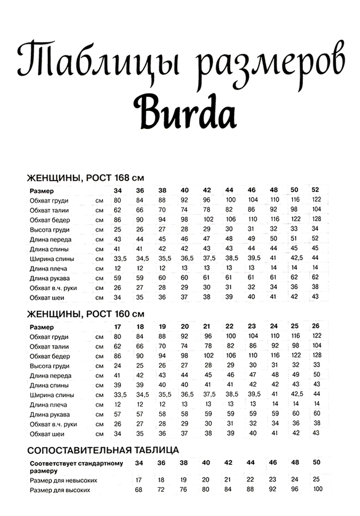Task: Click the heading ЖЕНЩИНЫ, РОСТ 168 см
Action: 86,178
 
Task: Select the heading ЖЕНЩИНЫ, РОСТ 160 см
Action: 86,314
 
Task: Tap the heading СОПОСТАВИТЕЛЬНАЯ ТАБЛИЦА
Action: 103,450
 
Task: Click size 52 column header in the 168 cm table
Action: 315,190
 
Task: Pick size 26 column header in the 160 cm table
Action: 316,326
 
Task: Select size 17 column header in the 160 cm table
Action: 118,327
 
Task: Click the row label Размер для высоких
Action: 60,490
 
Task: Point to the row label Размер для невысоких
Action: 63,480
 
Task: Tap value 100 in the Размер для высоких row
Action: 318,489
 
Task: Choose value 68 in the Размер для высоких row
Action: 139,490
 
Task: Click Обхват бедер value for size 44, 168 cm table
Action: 230,219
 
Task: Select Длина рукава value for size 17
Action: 118,414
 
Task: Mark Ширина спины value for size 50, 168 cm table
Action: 297,258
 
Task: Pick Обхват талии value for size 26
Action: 317,345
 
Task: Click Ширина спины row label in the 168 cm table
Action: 52,259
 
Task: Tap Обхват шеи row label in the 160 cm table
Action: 47,434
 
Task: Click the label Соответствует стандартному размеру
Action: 76,467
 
